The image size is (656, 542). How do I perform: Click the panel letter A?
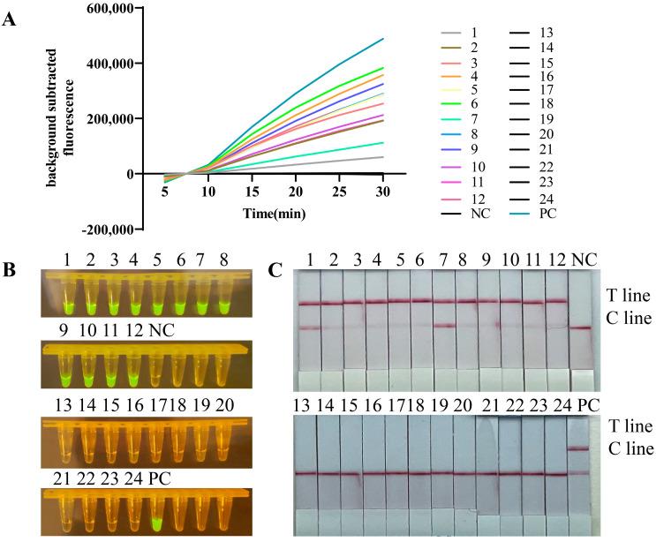(x=10, y=19)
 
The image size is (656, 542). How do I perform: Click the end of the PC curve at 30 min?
(x=381, y=39)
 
